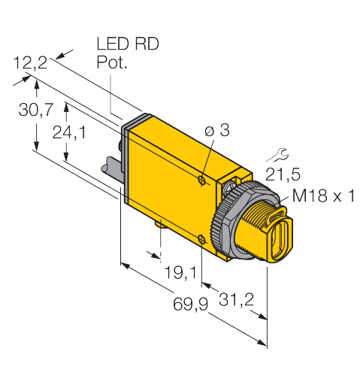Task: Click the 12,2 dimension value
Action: [30, 62]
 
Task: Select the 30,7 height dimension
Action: [36, 110]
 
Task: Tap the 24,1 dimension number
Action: [69, 132]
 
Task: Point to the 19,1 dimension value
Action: [180, 272]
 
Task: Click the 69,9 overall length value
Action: [191, 304]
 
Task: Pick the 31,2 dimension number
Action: [236, 299]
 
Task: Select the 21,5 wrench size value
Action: [283, 174]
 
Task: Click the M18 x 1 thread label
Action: [323, 196]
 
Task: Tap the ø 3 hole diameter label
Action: [217, 130]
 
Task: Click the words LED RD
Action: [128, 44]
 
